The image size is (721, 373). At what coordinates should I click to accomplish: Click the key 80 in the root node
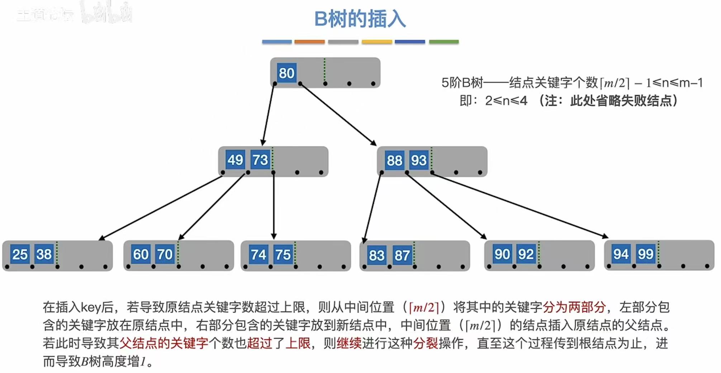click(286, 73)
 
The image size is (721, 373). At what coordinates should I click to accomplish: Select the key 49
click(235, 160)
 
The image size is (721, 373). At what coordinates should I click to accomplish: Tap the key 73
click(260, 160)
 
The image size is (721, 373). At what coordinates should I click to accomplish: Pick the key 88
click(394, 160)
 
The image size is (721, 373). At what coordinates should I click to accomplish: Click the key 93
click(418, 160)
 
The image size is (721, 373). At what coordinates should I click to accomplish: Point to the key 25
click(20, 254)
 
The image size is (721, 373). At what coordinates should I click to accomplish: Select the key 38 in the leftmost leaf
click(44, 254)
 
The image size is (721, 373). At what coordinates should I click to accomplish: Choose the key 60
click(141, 254)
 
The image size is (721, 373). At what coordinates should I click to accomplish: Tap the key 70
click(165, 254)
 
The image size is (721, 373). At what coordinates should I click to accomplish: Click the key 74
click(258, 255)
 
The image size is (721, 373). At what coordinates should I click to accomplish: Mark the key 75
click(283, 255)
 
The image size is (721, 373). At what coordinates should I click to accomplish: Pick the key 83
click(376, 255)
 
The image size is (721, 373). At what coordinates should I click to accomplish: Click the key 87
click(402, 255)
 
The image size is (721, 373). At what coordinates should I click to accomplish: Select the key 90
click(502, 254)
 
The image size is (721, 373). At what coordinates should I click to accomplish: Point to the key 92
click(526, 254)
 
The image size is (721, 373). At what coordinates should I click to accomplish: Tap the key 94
click(621, 254)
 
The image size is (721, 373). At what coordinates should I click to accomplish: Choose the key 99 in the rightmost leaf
click(645, 254)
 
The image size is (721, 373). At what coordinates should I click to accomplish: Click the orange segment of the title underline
click(309, 42)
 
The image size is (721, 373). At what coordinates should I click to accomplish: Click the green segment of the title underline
click(443, 42)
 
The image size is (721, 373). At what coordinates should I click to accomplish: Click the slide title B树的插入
click(360, 19)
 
